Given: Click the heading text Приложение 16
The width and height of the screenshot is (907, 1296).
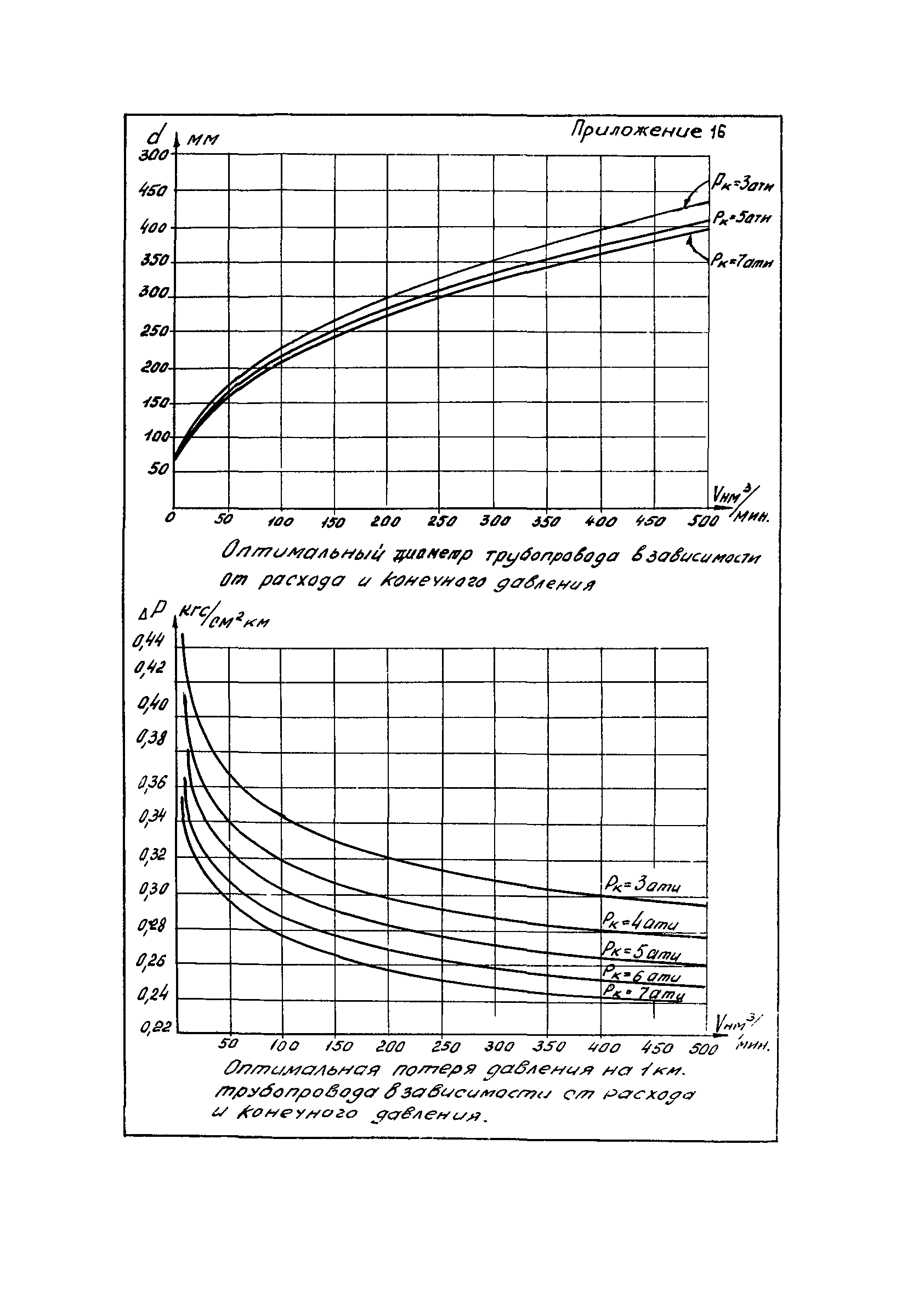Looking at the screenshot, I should (648, 132).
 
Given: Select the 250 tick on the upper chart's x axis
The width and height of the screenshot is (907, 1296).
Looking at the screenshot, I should (441, 521).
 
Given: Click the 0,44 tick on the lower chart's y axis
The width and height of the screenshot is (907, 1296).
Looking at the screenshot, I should (148, 641).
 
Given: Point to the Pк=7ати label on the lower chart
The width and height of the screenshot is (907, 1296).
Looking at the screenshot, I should (644, 992).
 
